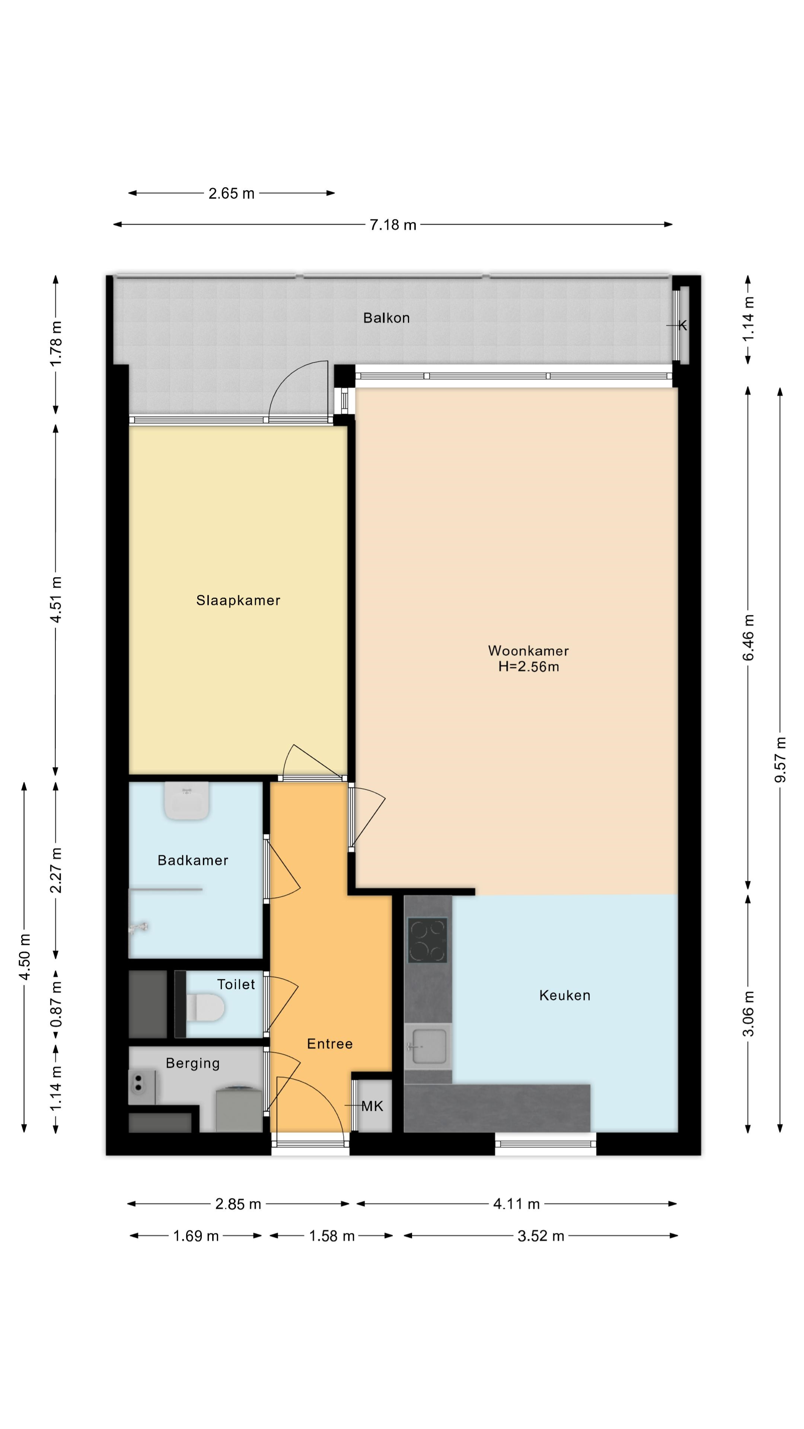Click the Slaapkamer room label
pyautogui.click(x=238, y=600)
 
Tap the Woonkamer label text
pyautogui.click(x=528, y=651)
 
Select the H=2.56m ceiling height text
pyautogui.click(x=528, y=667)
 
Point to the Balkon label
pyautogui.click(x=386, y=318)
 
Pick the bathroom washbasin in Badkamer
pyautogui.click(x=187, y=800)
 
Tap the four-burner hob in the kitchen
pyautogui.click(x=427, y=940)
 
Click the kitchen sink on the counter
pyautogui.click(x=427, y=1047)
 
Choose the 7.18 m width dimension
pyautogui.click(x=393, y=225)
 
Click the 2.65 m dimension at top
pyautogui.click(x=232, y=193)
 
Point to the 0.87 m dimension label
pyautogui.click(x=56, y=1004)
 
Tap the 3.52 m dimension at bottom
pyautogui.click(x=540, y=1235)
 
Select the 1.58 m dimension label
pyautogui.click(x=332, y=1235)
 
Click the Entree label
pyautogui.click(x=329, y=1044)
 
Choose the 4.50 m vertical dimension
pyautogui.click(x=24, y=957)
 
